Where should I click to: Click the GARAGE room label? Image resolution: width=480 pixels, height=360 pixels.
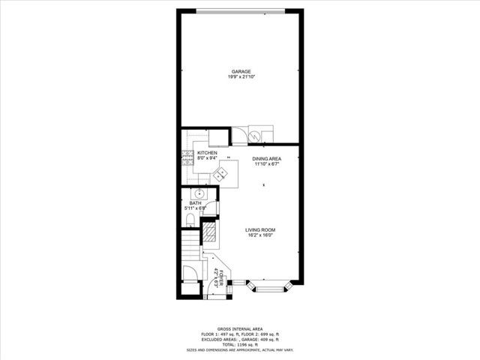tap(241, 71)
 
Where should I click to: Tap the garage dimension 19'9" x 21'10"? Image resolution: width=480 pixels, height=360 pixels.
tap(241, 77)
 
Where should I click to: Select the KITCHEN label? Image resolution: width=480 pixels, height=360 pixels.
tap(207, 153)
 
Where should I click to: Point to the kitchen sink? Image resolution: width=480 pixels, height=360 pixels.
tap(221, 174)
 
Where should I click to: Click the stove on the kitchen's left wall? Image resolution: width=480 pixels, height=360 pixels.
tap(184, 157)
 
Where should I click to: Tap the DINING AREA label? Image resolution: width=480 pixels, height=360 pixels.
tap(266, 159)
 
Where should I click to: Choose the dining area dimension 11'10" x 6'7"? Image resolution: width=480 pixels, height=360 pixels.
tap(266, 164)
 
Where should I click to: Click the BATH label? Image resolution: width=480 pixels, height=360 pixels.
tap(195, 203)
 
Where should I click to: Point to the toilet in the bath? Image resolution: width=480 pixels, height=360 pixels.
tap(190, 220)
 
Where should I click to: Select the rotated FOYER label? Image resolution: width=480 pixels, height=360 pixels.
tap(217, 277)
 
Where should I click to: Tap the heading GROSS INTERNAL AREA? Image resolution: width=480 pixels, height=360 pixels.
tap(239, 328)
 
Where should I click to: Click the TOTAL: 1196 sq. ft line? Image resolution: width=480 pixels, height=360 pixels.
tap(239, 344)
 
